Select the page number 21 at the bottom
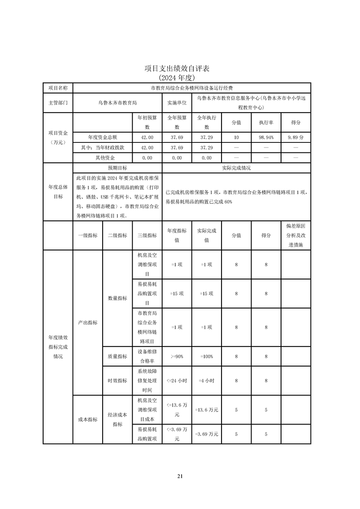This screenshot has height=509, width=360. [x=180, y=476]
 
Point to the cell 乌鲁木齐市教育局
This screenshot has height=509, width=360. [x=117, y=103]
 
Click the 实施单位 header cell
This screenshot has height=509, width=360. [x=177, y=103]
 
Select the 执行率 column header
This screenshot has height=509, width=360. [x=266, y=122]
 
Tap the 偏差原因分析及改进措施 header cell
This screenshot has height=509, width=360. [x=296, y=235]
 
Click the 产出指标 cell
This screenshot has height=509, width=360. [x=88, y=323]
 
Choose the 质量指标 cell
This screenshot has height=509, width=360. [x=117, y=357]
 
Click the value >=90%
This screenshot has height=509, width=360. [x=177, y=357]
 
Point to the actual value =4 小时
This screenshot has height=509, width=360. [x=207, y=381]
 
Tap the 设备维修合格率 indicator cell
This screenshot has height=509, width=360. [x=147, y=357]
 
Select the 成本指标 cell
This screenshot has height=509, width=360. [x=88, y=420]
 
